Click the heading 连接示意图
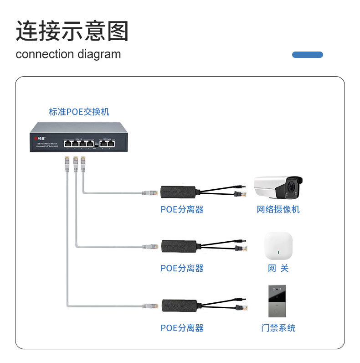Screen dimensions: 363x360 pos(72,31)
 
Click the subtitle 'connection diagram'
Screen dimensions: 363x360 pos(68,54)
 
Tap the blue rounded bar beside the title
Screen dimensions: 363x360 pos(307,55)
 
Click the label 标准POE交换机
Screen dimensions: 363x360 pos(79,112)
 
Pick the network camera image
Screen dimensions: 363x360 pos(278,187)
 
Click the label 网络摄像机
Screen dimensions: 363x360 pos(278,209)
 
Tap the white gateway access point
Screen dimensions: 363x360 pos(278,246)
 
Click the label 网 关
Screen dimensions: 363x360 pos(278,268)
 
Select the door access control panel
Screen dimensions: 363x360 pos(278,301)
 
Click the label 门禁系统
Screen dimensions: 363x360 pos(278,328)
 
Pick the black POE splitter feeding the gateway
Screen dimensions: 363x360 pos(178,245)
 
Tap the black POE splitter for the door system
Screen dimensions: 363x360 pos(178,305)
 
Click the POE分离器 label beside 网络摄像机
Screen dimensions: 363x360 pos(182,209)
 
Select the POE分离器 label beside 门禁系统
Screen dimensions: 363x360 pos(182,328)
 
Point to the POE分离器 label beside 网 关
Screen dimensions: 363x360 pos(182,268)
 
